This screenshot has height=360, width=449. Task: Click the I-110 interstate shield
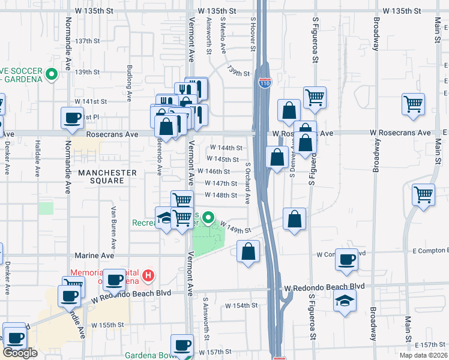pos(265,83)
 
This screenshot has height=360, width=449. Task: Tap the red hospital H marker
pos(148,277)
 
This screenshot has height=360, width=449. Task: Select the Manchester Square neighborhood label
pos(107,176)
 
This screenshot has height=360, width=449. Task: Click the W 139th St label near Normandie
pos(87,72)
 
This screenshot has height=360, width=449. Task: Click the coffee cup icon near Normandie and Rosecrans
pos(73,118)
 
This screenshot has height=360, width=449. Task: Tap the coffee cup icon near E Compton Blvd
pos(346,259)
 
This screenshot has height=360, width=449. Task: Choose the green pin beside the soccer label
pos(52,75)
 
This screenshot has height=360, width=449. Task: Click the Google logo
pos(20,352)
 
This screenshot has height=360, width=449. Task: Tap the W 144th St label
pos(226,148)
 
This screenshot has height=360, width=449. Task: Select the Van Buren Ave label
pos(113,229)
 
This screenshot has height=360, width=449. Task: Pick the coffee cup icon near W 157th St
pos(182,345)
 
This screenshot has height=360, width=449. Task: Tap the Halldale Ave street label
pos(37,163)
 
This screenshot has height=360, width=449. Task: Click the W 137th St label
pos(87,41)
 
